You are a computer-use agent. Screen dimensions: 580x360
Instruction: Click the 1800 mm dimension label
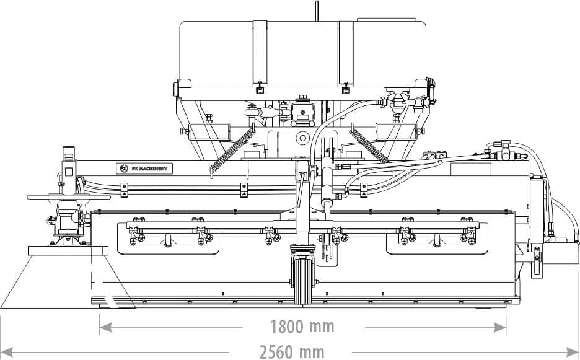click(x=302, y=327)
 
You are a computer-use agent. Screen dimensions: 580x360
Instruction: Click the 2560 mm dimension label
click(x=291, y=352)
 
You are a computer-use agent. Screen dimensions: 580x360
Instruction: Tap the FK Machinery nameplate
click(x=144, y=169)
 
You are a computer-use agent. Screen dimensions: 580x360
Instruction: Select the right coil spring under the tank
click(x=369, y=146)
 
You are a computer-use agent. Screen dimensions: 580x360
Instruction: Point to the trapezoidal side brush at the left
click(x=68, y=277)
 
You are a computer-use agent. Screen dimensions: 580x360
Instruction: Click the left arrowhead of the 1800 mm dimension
click(x=106, y=327)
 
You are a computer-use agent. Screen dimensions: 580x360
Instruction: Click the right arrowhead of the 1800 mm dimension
click(x=500, y=327)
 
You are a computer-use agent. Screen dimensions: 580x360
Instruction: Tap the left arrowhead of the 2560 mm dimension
click(x=7, y=352)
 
